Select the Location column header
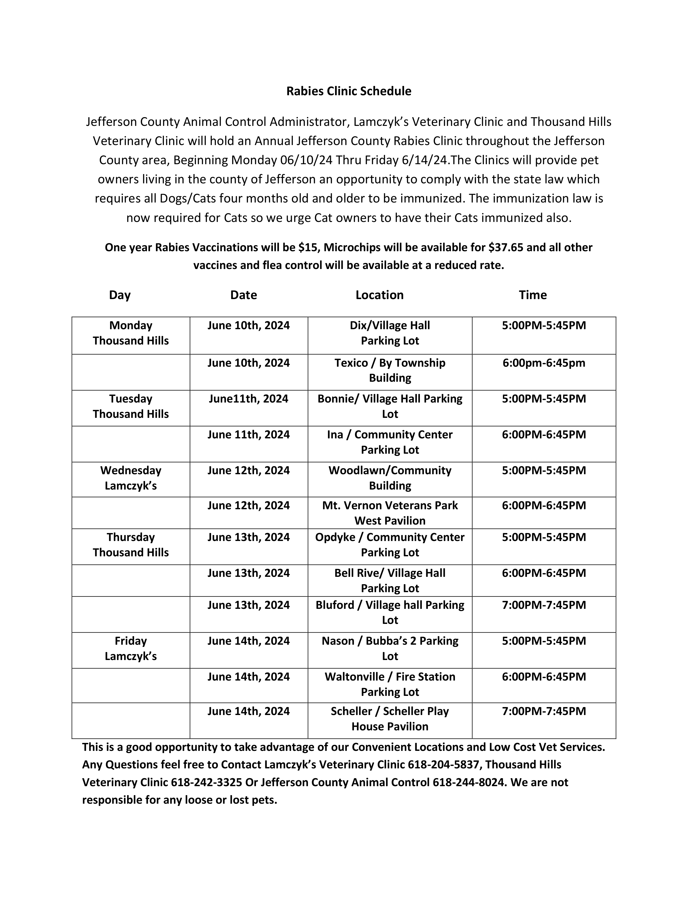379,295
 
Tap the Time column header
533,295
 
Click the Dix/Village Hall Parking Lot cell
390,333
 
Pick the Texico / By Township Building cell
390,370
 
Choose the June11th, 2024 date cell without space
248,399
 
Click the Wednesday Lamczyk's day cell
131,478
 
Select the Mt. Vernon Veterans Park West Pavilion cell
390,513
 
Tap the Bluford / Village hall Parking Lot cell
390,612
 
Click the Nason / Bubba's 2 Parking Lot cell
390,648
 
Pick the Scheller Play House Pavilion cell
390,719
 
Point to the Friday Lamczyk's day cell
131,648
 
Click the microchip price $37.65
505,248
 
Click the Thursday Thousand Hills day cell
131,545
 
